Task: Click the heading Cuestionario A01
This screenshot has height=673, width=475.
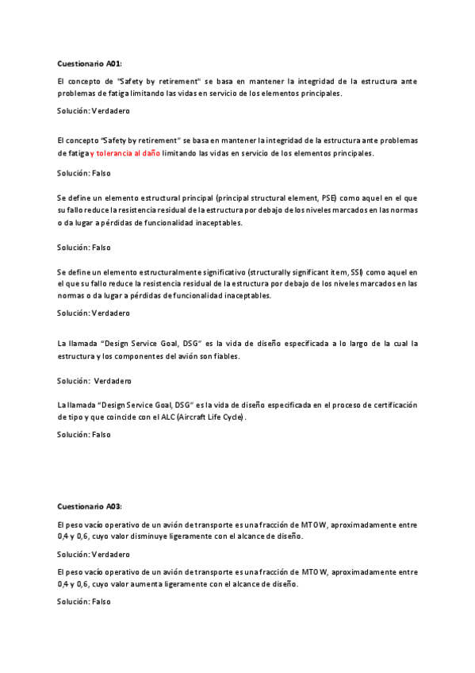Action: tap(90, 63)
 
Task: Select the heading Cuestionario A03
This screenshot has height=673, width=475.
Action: tap(90, 506)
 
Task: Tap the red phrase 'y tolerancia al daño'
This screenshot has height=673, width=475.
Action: tap(125, 153)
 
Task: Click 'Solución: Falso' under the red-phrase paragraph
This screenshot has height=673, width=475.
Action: tap(84, 172)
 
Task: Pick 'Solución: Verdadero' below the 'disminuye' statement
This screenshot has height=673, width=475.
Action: tap(94, 554)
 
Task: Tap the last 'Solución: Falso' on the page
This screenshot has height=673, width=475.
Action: tap(84, 602)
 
